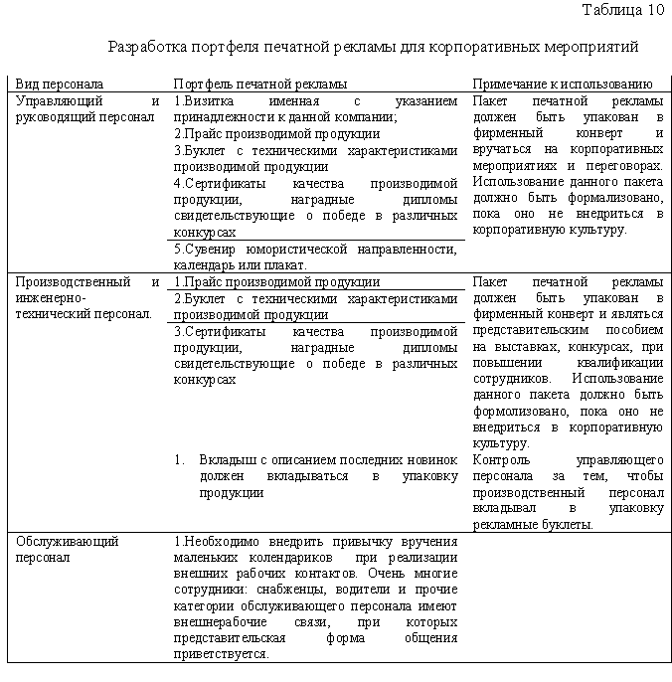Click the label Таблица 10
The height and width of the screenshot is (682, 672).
(622, 12)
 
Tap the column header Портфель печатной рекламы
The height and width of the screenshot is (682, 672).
(260, 85)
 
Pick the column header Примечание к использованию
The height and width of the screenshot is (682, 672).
(563, 85)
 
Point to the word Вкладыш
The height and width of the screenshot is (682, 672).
(228, 460)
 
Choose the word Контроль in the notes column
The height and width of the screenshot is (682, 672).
(502, 460)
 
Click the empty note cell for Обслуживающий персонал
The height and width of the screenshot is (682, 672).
(567, 597)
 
